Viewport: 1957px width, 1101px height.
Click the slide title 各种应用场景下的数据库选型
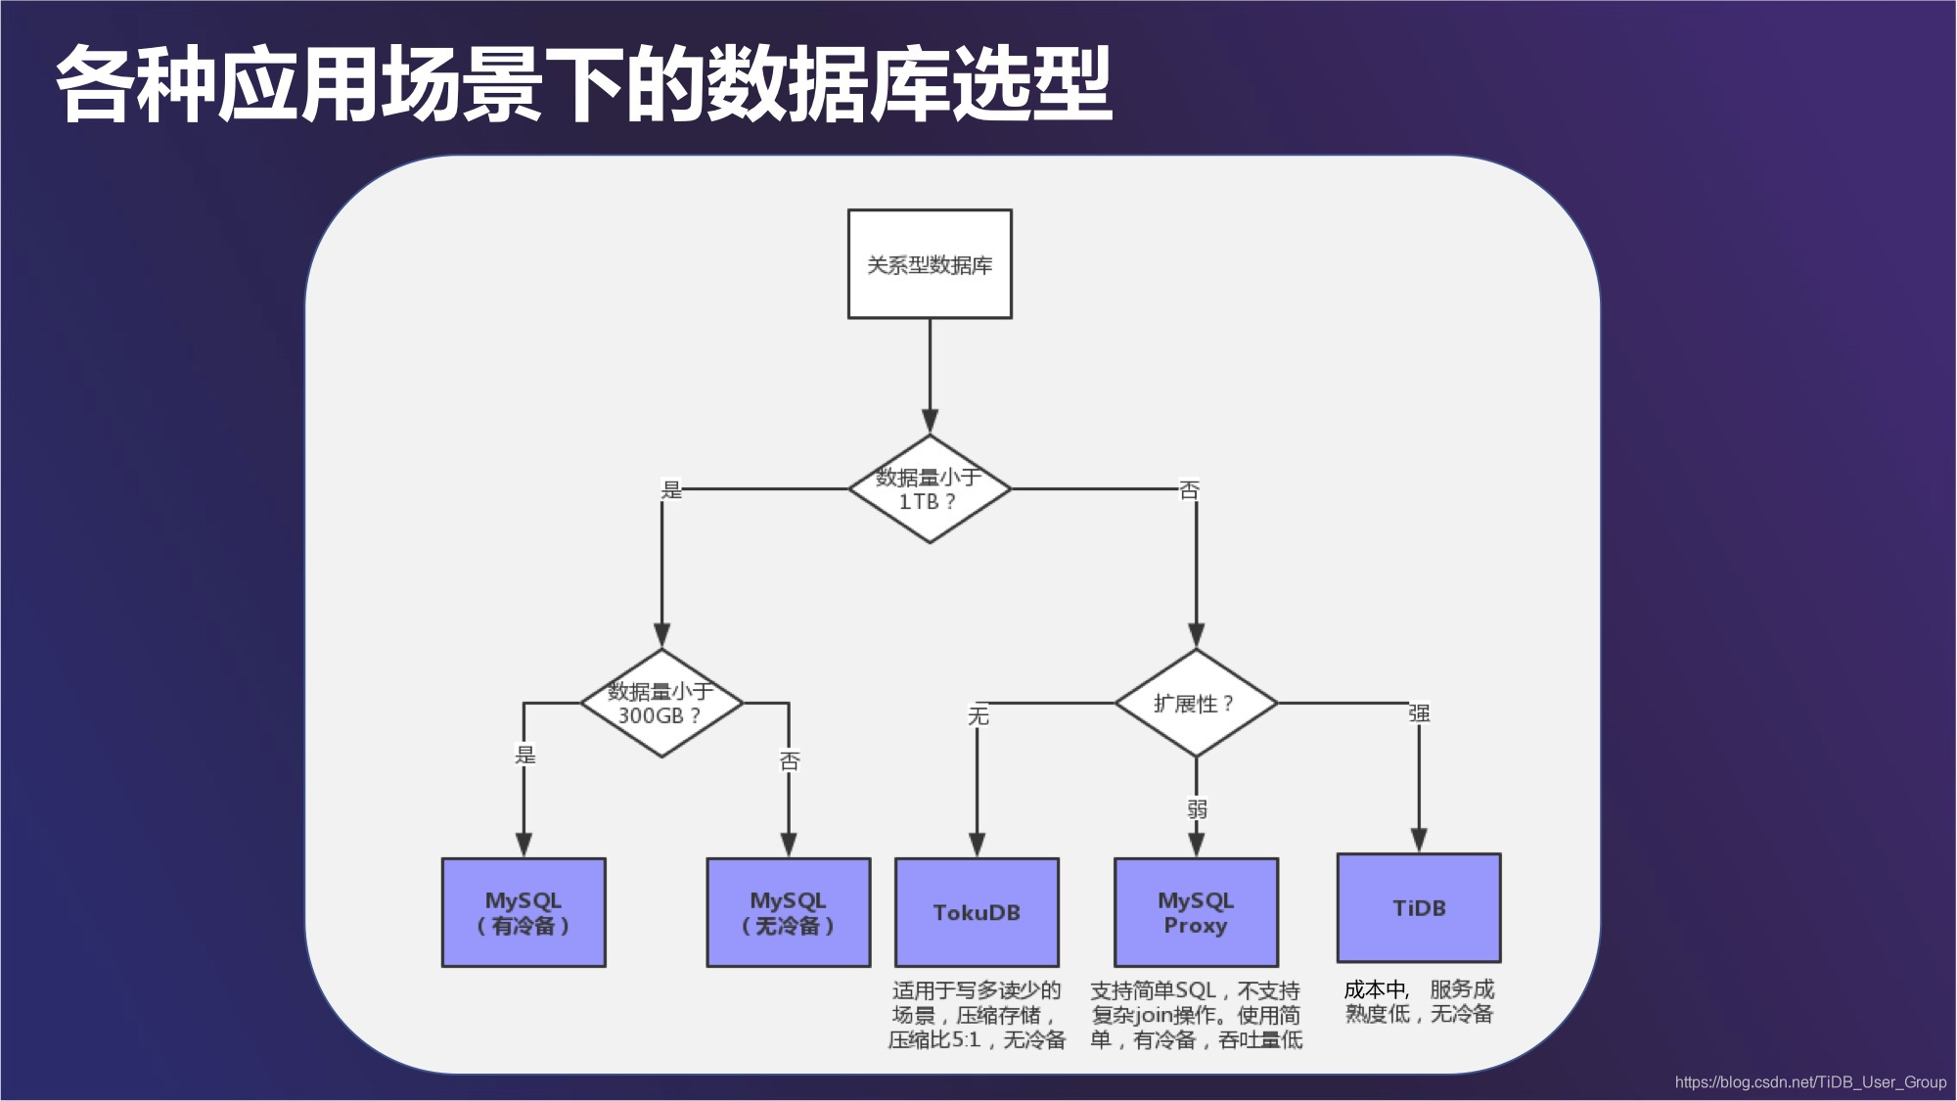click(x=584, y=84)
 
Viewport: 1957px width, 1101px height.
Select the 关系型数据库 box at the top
click(x=930, y=264)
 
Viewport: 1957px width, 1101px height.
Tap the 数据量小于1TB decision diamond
click(x=930, y=489)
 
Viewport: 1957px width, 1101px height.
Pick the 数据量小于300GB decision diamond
click(x=661, y=704)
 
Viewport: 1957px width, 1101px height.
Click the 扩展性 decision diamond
click(x=1196, y=704)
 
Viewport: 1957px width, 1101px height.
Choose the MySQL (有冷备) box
click(x=523, y=913)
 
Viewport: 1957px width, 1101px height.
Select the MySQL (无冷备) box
click(x=789, y=913)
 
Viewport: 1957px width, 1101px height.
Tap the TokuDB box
click(x=977, y=913)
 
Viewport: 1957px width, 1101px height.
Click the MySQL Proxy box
click(x=1196, y=913)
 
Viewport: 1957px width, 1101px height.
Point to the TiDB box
click(x=1419, y=908)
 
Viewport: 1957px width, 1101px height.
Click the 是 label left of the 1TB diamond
click(x=671, y=489)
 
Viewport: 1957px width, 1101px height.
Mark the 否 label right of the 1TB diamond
click(x=1189, y=489)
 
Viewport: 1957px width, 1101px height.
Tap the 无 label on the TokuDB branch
click(x=978, y=715)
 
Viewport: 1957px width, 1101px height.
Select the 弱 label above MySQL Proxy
click(x=1197, y=808)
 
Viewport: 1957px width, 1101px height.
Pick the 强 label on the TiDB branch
click(x=1419, y=712)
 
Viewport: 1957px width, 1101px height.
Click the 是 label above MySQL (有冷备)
click(x=525, y=754)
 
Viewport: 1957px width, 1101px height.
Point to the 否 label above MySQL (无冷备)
click(x=790, y=760)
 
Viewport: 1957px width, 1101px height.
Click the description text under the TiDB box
click(x=1419, y=1001)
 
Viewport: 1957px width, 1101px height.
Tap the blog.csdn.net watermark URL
click(x=1810, y=1082)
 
